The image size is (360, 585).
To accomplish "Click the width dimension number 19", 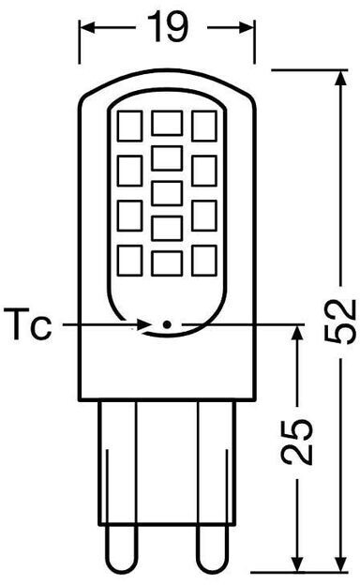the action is [x=167, y=26].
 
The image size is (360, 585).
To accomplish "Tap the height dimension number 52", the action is [x=340, y=322].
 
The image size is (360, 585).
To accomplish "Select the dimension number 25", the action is [x=296, y=442].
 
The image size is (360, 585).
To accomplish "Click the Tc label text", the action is [x=27, y=323].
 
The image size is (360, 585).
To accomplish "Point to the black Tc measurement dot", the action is [x=167, y=324].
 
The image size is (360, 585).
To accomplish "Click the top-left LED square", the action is [x=129, y=126].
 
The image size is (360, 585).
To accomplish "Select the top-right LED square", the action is [x=204, y=126].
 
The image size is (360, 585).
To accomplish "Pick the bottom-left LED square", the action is [x=129, y=261].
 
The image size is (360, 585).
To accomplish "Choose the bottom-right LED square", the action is [x=204, y=261].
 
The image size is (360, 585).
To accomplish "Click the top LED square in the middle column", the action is [x=167, y=123].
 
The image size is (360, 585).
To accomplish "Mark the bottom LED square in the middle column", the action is [x=167, y=263].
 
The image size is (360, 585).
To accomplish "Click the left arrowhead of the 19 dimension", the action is [x=87, y=27].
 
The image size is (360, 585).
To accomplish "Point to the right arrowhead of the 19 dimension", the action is [x=247, y=27].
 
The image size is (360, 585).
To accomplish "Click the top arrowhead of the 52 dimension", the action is [x=340, y=79].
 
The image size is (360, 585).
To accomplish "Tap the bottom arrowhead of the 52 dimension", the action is [x=340, y=562].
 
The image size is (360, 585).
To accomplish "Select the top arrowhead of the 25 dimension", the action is [x=296, y=334].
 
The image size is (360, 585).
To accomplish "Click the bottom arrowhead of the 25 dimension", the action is [x=296, y=562].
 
